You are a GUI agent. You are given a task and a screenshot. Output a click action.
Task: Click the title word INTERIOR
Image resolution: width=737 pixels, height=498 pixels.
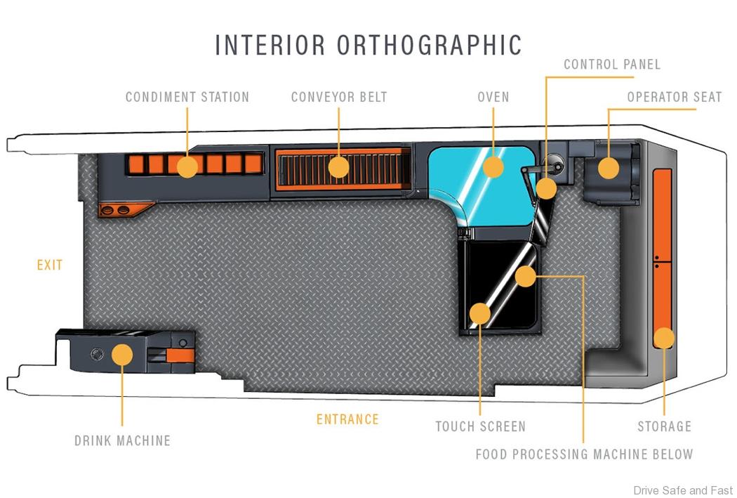pos(270,45)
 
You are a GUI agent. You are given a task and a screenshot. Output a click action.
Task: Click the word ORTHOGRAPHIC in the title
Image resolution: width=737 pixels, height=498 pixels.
pos(430,45)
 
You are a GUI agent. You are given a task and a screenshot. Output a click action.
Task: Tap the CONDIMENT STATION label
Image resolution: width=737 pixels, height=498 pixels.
pos(187,97)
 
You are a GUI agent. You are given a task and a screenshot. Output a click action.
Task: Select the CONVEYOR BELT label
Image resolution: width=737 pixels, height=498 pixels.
pos(339,97)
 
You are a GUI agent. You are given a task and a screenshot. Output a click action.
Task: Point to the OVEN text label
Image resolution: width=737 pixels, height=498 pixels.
pos(493,97)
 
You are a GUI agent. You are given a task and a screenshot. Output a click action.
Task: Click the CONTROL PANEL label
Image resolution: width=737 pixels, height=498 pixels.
pos(612,65)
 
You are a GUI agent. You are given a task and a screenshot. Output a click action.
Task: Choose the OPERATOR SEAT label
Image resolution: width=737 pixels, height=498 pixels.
pos(675,97)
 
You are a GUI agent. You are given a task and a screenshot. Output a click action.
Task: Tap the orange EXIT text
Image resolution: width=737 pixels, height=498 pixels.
pos(50,265)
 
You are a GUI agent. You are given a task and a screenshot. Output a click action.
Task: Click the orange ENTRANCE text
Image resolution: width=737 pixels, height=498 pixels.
pos(347,419)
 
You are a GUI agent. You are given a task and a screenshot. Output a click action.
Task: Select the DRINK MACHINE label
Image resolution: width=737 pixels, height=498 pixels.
pos(123,441)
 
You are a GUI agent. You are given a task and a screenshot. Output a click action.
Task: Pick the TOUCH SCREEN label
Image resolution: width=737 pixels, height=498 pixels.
pos(480,426)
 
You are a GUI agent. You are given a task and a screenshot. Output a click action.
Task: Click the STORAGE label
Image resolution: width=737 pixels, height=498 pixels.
pos(664,426)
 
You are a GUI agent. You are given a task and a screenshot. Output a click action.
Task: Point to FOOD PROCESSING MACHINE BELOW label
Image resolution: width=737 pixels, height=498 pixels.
pos(584,454)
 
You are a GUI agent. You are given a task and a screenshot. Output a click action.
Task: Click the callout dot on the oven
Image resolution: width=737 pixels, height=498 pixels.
pos(493,166)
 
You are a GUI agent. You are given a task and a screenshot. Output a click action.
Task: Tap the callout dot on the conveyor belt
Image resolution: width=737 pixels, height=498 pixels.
pos(339,166)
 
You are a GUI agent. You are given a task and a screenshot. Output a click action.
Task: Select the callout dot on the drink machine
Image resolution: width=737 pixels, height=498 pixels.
pos(123,353)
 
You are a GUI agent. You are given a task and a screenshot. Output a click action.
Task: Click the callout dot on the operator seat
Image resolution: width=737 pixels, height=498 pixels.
pos(609,168)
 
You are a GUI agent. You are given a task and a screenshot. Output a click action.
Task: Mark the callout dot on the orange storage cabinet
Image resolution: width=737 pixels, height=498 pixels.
pos(664,339)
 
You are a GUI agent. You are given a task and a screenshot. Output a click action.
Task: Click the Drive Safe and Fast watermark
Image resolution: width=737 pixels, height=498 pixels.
pos(682,490)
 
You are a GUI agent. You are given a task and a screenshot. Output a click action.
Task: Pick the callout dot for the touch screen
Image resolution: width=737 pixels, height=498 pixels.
pos(480,313)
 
